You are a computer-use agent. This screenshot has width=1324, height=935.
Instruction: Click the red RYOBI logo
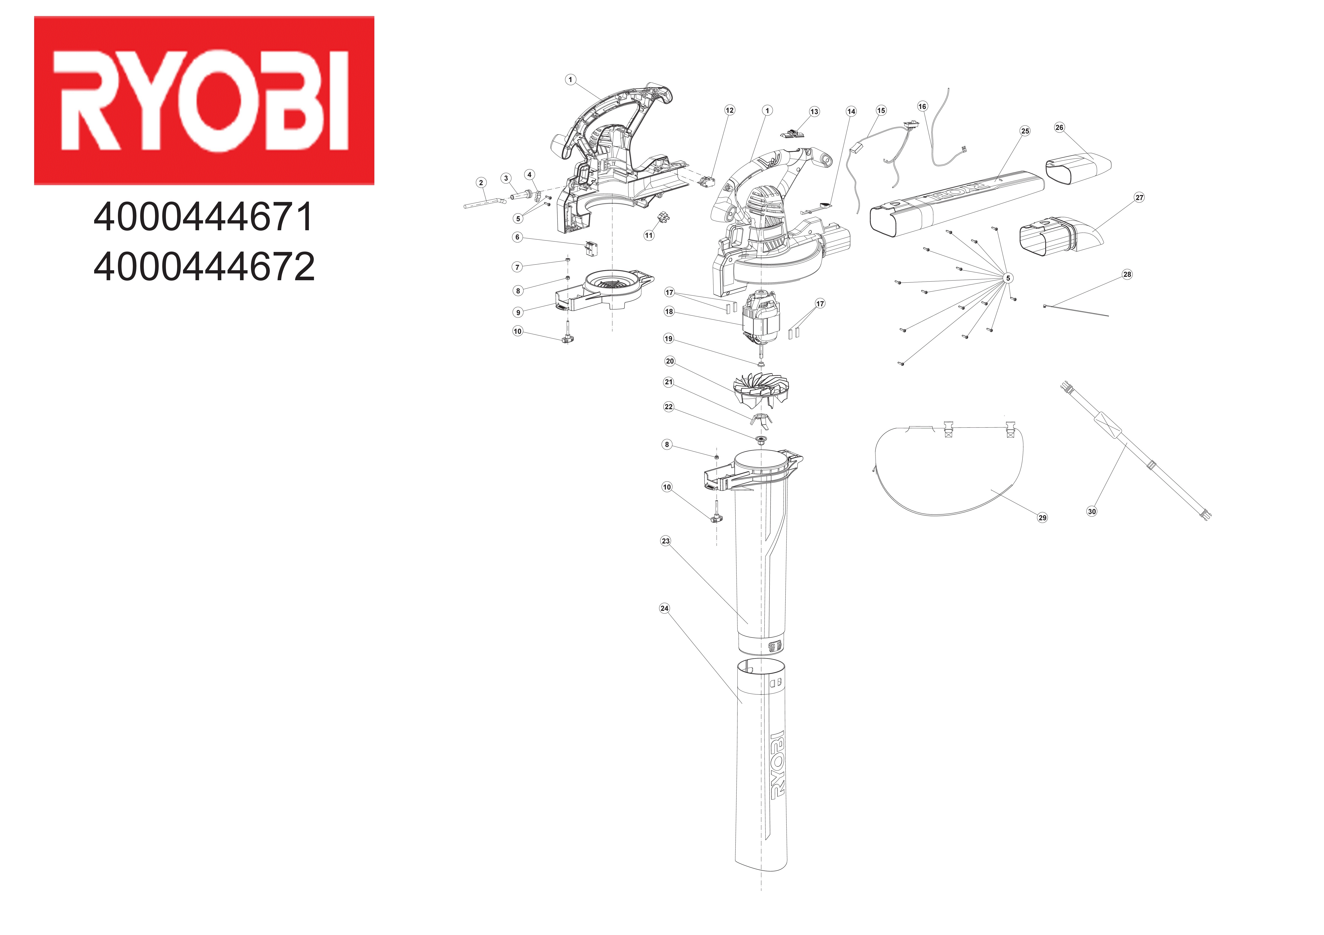click(204, 100)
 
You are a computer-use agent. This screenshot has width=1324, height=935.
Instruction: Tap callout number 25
click(1025, 131)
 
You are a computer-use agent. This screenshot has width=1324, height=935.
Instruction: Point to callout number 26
click(1059, 127)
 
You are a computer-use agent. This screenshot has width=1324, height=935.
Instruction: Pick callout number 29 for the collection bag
click(1042, 518)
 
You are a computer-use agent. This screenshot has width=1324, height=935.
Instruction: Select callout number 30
click(1092, 511)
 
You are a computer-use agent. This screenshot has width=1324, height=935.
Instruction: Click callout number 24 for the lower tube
click(664, 608)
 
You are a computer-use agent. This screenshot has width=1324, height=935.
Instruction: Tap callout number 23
click(665, 541)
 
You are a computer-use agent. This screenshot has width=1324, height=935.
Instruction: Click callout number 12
click(729, 110)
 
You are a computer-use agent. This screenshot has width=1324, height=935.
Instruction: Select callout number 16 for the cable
click(922, 106)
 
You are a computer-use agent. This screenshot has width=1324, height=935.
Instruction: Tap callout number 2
click(481, 183)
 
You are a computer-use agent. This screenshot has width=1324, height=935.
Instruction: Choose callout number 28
click(1127, 274)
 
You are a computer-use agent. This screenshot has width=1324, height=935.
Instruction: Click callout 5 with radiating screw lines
click(1008, 278)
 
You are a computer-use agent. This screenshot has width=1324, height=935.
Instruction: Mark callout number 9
click(518, 312)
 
